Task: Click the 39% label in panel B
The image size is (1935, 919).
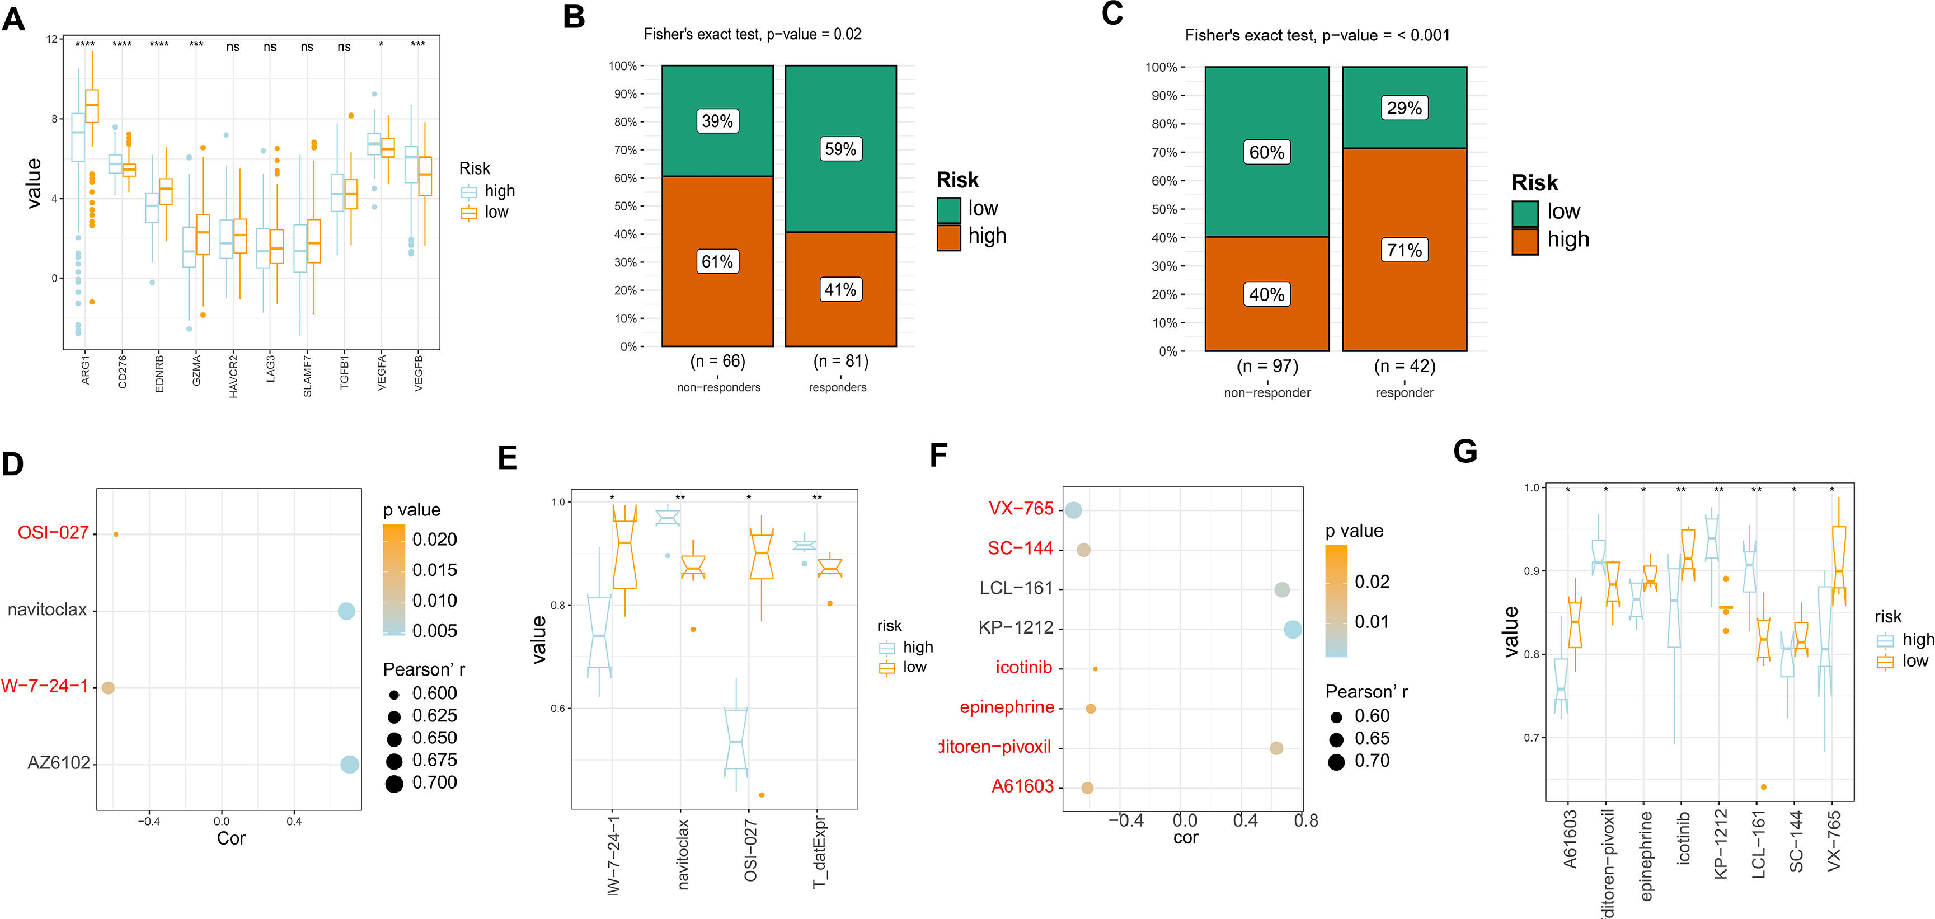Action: (x=717, y=121)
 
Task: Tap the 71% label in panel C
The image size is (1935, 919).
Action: (x=1404, y=250)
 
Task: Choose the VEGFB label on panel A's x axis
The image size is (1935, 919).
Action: (x=419, y=373)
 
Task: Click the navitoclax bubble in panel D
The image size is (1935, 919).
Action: (x=346, y=611)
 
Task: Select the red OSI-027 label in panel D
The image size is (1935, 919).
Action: (x=53, y=533)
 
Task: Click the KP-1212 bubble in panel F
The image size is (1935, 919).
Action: (x=1292, y=630)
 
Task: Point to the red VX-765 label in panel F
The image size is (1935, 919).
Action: (x=1020, y=509)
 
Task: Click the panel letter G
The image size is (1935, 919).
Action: (x=1465, y=452)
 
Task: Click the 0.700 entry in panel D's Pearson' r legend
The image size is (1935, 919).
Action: (x=434, y=783)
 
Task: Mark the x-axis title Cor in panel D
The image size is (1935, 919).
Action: (x=231, y=838)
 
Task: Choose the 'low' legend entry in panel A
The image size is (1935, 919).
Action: (x=496, y=213)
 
